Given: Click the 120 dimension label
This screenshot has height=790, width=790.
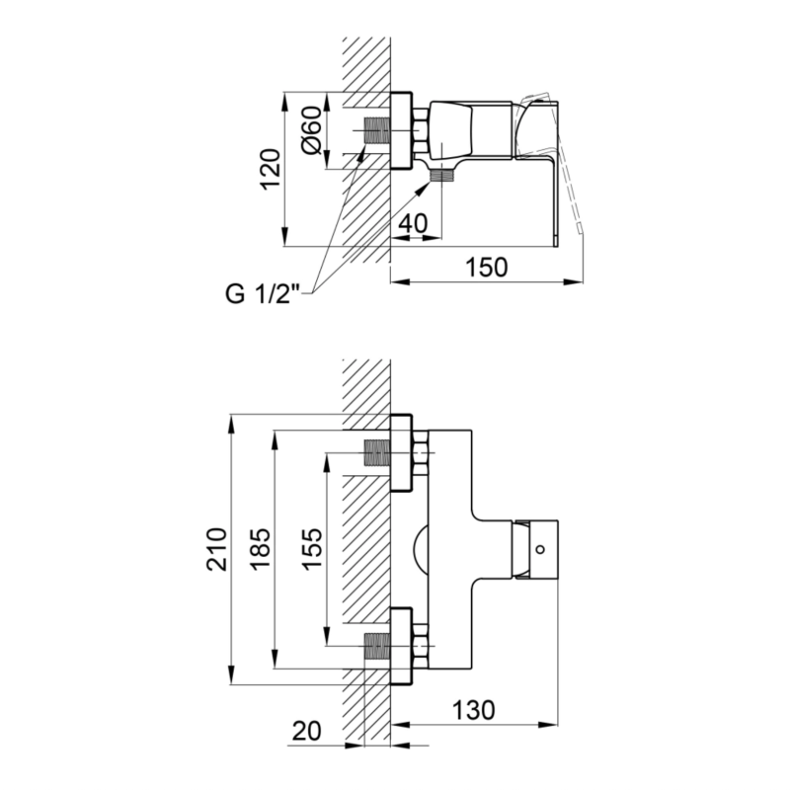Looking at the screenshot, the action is (x=271, y=169).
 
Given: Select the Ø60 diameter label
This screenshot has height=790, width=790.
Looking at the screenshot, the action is (x=311, y=130).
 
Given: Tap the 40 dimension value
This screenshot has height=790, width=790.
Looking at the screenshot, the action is (x=413, y=223).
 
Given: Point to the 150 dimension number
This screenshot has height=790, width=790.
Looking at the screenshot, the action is (x=486, y=268).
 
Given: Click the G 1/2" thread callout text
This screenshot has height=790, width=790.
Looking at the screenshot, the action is (x=263, y=293).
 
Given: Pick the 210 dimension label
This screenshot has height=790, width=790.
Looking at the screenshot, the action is (x=216, y=549).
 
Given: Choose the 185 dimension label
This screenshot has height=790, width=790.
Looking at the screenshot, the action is (x=261, y=549).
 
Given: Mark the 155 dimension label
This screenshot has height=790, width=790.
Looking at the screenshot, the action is (x=312, y=548).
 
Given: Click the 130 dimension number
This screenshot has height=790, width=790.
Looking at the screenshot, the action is (x=474, y=710).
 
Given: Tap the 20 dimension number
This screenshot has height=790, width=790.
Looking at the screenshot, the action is (x=306, y=731).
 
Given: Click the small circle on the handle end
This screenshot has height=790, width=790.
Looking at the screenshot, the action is (x=540, y=549).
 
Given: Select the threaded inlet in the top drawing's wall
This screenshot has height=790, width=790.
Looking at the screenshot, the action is (x=376, y=130).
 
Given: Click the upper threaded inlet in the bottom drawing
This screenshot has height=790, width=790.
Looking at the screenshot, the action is (x=376, y=452).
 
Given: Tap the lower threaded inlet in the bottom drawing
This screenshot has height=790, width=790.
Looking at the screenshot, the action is (x=376, y=646).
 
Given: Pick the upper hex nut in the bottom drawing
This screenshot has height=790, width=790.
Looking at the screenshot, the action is (x=421, y=452).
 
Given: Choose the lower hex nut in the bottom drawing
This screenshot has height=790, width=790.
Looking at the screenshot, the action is (x=421, y=646).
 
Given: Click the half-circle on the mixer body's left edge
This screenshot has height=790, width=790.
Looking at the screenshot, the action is (x=421, y=549).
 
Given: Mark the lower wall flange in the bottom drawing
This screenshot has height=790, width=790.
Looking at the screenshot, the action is (x=401, y=646).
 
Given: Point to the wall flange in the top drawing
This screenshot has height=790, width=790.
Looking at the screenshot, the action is (x=401, y=130).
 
